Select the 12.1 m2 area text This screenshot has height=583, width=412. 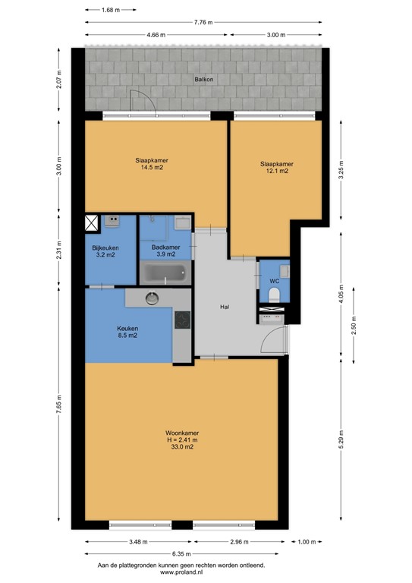276,172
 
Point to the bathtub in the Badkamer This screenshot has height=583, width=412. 163,274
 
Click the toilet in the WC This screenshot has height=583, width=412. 275,294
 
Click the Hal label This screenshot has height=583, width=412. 225,307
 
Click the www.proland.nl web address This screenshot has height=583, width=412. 181,573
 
